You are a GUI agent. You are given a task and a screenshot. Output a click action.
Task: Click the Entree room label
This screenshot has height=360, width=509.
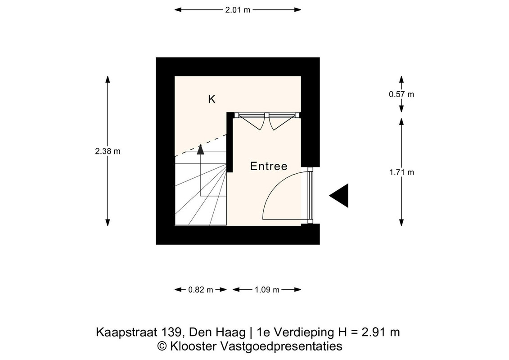(269, 166)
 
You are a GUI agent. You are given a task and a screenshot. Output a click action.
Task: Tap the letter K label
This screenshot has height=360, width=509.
(212, 99)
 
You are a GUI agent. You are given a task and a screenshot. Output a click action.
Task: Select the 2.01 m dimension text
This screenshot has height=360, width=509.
(238, 10)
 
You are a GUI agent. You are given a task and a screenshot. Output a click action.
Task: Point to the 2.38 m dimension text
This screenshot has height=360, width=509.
(108, 151)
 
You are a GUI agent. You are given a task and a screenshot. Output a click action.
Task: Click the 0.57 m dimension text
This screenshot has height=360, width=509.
(401, 94)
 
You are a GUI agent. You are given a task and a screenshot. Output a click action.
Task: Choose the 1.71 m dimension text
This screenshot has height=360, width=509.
(401, 172)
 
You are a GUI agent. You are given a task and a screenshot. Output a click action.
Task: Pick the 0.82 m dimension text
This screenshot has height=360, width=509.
(201, 289)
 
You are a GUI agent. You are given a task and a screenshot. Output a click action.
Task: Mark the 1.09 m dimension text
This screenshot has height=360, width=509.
(267, 289)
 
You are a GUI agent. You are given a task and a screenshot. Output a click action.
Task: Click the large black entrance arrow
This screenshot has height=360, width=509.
(339, 195)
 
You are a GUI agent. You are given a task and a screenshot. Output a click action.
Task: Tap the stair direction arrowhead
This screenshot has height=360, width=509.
(201, 149)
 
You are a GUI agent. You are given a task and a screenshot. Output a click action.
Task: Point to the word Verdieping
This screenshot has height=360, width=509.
(303, 333)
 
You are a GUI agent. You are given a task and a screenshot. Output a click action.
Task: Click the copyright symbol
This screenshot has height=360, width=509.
(162, 346)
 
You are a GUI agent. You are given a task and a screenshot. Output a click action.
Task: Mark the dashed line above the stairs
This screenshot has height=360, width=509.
(201, 145)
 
